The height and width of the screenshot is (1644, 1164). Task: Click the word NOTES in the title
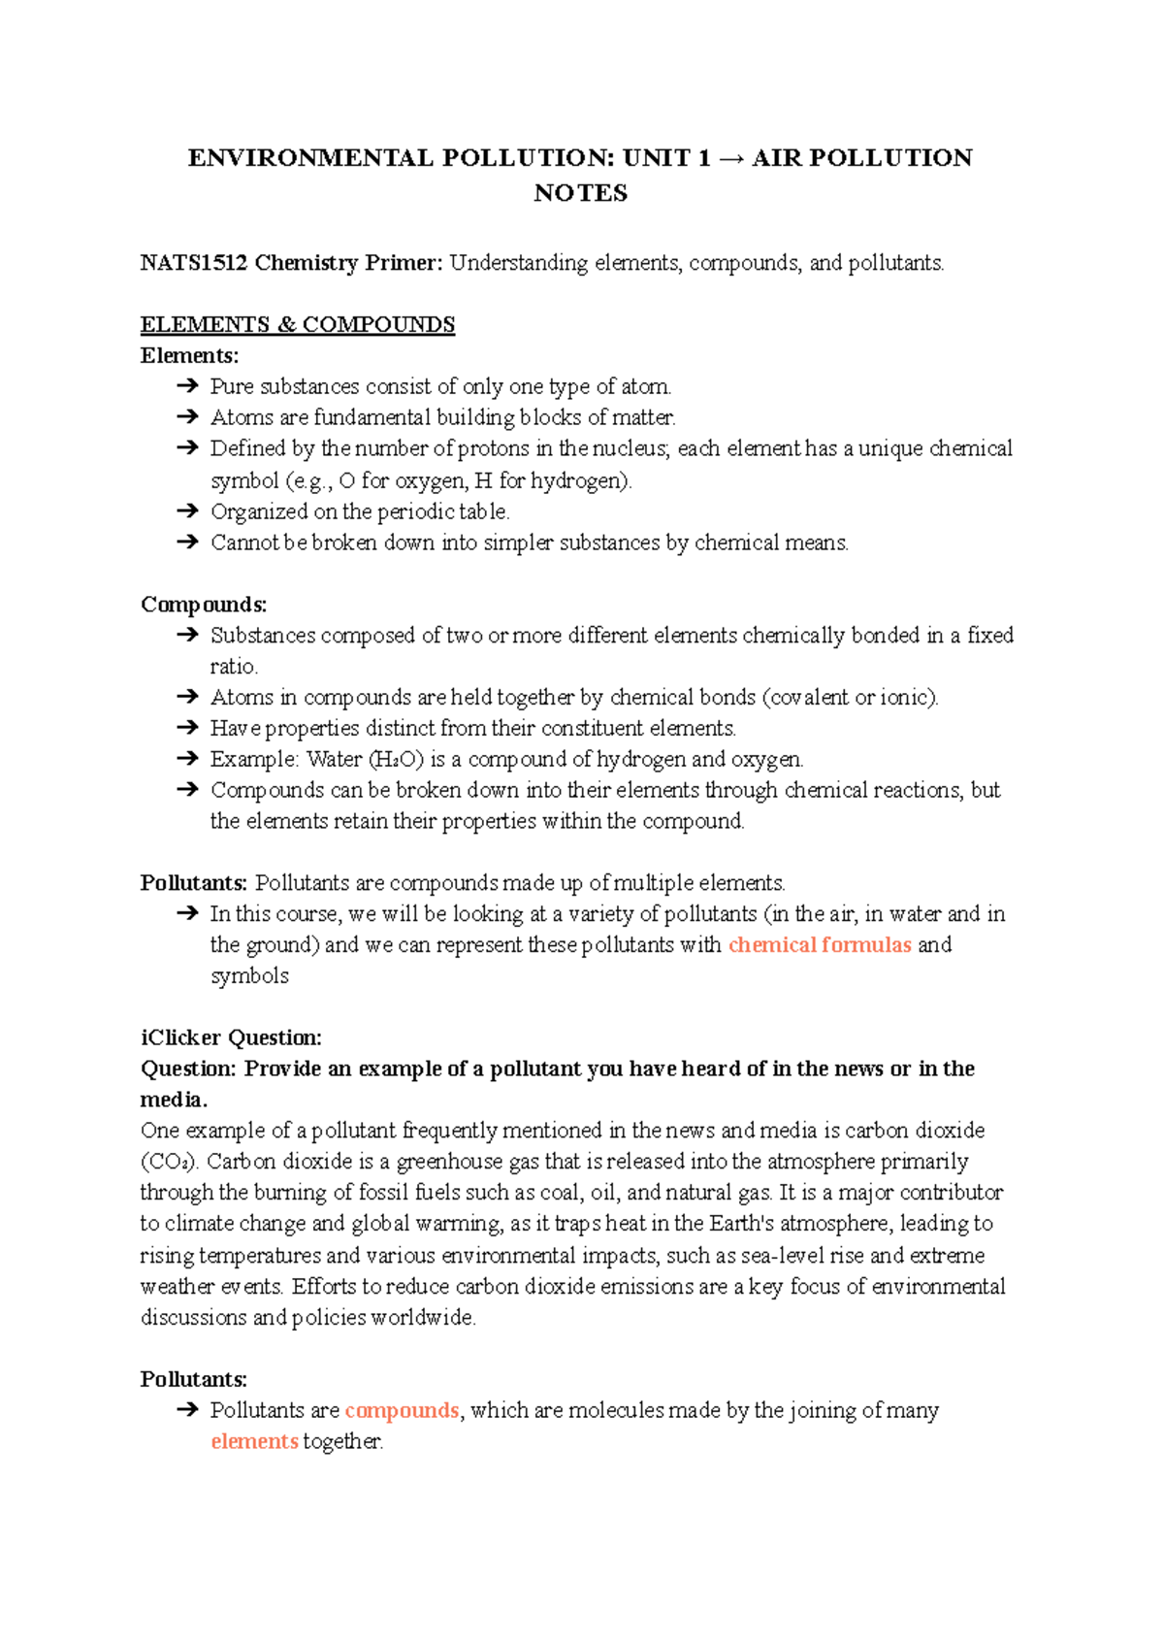point(580,193)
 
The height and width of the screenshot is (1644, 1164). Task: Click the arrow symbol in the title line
point(731,158)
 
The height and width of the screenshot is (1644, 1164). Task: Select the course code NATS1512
point(193,263)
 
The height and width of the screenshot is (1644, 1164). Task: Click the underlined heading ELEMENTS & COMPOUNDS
point(297,325)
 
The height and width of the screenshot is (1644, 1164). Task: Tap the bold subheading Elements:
point(189,355)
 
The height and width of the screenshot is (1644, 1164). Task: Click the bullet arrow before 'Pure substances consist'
point(187,386)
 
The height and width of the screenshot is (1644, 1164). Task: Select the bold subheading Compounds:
point(204,605)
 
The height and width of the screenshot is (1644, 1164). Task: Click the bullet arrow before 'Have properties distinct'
point(187,728)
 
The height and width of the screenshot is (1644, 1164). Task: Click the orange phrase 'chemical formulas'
point(820,945)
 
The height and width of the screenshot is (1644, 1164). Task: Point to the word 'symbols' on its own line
point(249,976)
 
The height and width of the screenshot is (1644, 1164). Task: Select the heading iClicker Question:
point(231,1037)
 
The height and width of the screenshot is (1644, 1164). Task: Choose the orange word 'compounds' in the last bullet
point(402,1410)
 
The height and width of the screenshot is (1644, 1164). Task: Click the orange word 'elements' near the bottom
point(254,1441)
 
